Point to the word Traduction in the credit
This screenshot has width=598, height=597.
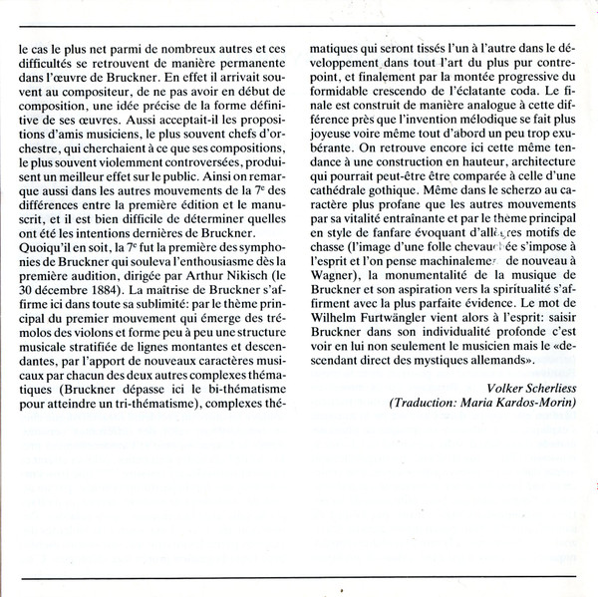click(x=402, y=402)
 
